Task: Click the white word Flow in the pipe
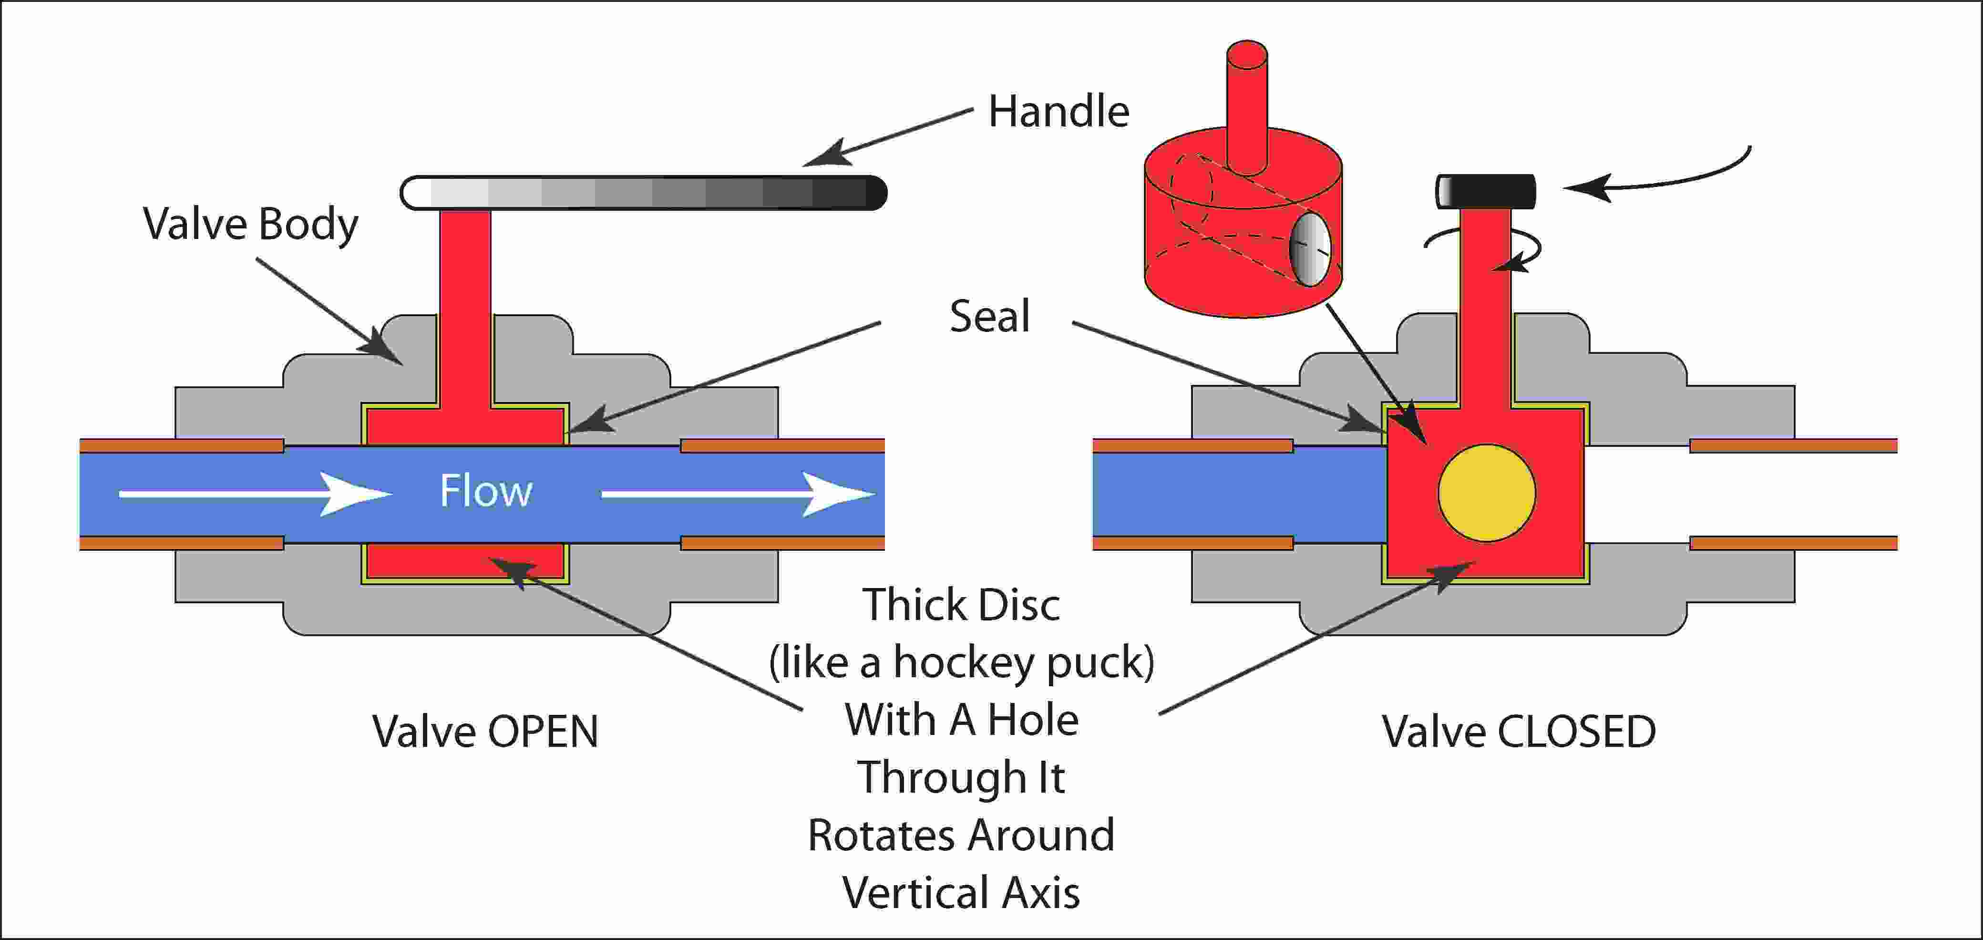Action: pyautogui.click(x=486, y=491)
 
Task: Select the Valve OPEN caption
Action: pyautogui.click(x=485, y=732)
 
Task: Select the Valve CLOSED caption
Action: pyautogui.click(x=1518, y=732)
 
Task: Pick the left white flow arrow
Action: pyautogui.click(x=254, y=494)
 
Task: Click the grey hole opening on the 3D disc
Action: pyautogui.click(x=1310, y=250)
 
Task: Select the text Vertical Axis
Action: pyautogui.click(x=961, y=893)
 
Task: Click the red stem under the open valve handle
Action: pyautogui.click(x=465, y=308)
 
